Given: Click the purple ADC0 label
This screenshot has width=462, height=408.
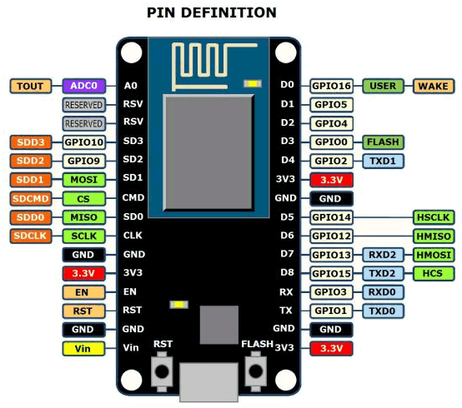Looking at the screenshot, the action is [x=84, y=86].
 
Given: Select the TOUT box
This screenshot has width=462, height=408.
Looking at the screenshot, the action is [x=31, y=87].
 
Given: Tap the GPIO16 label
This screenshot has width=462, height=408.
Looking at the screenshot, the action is [x=331, y=87].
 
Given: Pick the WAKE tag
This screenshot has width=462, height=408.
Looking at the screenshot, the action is [x=434, y=87].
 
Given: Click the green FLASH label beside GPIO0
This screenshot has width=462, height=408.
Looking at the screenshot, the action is [x=383, y=142].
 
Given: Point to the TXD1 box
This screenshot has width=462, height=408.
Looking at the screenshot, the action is [x=383, y=162].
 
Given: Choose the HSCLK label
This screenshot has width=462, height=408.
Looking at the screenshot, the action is [x=434, y=217].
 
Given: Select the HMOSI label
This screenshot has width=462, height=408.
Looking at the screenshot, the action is [x=434, y=255].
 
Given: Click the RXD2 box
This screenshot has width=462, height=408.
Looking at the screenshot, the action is [x=383, y=255].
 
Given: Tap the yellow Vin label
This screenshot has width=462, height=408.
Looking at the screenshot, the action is [x=83, y=349].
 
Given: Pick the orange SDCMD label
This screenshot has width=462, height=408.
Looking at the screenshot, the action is [x=31, y=198].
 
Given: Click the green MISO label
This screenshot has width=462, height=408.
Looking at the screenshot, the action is [x=84, y=217].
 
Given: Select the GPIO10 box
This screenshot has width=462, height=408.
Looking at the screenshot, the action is [x=84, y=142].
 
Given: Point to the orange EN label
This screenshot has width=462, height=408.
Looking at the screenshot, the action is [x=83, y=292].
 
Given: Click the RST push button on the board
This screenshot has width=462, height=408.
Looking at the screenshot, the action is [x=162, y=372].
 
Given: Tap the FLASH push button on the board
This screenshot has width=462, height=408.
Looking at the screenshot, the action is [x=256, y=372].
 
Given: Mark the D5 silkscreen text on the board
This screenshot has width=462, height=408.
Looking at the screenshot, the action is [x=287, y=217].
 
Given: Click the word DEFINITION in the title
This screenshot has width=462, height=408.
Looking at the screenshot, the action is [x=228, y=13].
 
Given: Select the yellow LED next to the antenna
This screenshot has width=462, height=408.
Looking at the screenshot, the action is [x=253, y=84].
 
